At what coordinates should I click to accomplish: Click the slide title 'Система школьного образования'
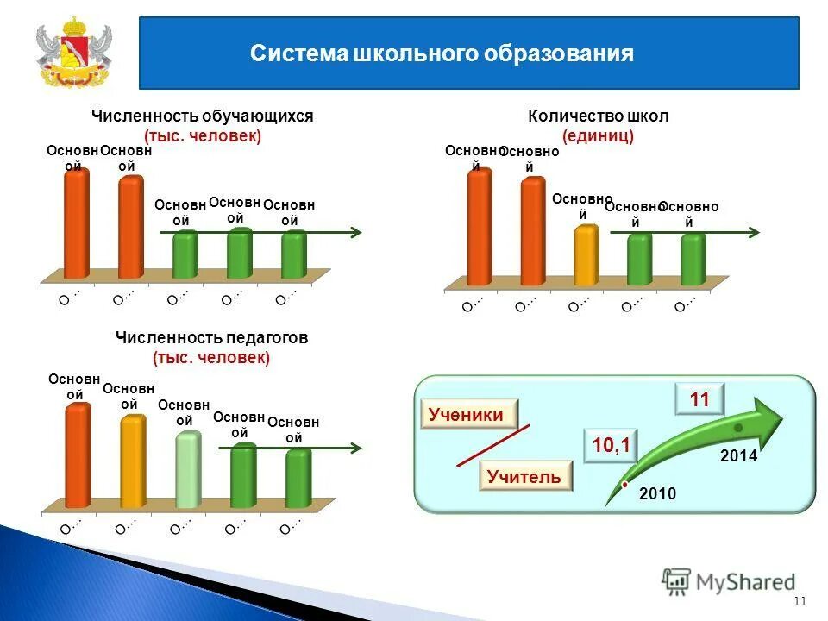(442, 54)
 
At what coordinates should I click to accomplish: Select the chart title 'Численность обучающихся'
(202, 116)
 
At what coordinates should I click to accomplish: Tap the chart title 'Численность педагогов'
(211, 338)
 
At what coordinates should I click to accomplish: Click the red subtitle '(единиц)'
(598, 136)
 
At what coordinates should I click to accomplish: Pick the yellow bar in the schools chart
(586, 255)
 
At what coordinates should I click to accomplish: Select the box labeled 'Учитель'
(524, 476)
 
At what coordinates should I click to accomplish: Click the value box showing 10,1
(611, 445)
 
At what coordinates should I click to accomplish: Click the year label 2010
(657, 493)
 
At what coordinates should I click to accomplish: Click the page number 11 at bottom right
(799, 601)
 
